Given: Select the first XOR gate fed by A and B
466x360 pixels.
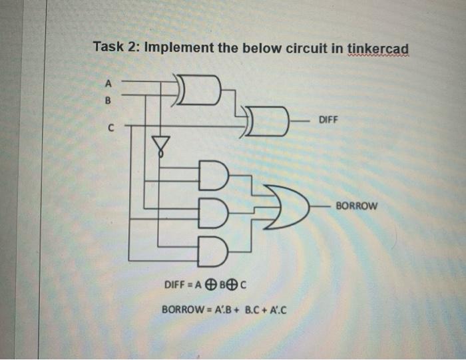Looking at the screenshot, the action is point(199,90).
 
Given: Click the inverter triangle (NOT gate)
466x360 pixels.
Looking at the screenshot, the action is point(160,142).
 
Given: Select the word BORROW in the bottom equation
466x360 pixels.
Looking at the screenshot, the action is point(178,309).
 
